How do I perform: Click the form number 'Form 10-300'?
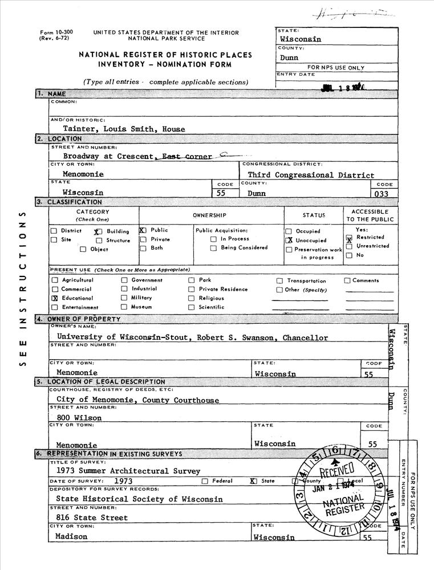(52, 32)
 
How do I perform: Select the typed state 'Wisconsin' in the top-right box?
(300, 39)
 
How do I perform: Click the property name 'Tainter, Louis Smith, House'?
(124, 129)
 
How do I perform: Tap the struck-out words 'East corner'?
(186, 156)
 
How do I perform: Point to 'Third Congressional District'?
(311, 176)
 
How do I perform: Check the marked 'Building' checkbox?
(98, 232)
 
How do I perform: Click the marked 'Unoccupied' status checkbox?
(289, 241)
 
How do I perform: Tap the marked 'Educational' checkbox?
(55, 298)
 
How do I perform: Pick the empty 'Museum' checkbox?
(124, 307)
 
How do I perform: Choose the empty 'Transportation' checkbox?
(279, 280)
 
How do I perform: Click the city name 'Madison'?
(71, 537)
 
